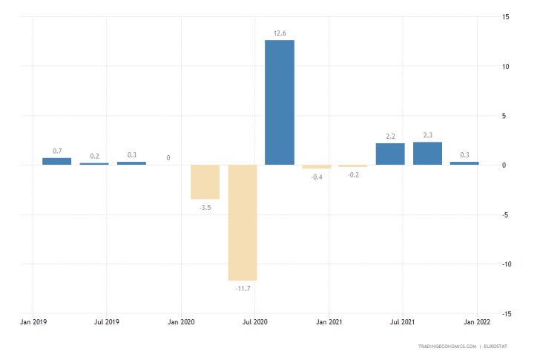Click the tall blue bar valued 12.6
[x=280, y=102]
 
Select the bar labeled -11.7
[x=243, y=222]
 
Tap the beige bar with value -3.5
[x=205, y=182]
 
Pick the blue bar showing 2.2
[x=390, y=154]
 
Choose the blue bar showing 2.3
[x=427, y=153]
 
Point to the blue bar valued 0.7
[x=57, y=161]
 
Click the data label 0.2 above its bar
[x=94, y=156]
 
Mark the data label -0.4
[x=317, y=177]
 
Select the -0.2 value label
[x=354, y=174]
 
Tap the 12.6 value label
[x=280, y=33]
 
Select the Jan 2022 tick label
[x=476, y=322]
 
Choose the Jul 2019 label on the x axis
[x=107, y=322]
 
